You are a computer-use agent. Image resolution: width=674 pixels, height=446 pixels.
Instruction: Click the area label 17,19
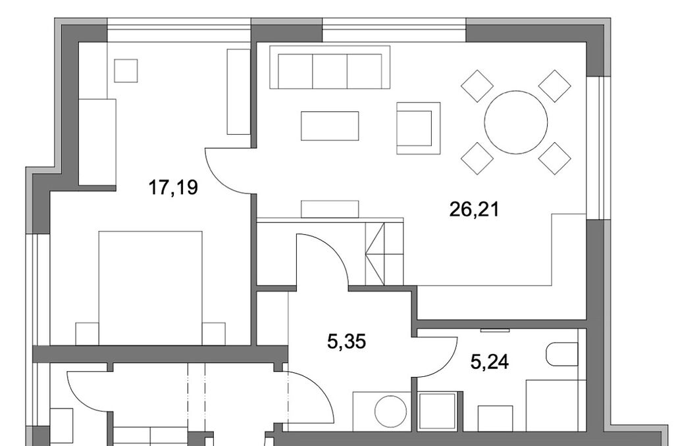coord(173,187)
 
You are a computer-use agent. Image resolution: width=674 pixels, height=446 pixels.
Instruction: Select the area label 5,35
coord(346,342)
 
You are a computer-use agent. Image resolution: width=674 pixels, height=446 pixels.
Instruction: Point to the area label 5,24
coord(490,362)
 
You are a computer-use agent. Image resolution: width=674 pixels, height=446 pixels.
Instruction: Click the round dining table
coord(516,122)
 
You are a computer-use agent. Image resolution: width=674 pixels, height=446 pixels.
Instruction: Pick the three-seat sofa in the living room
coord(330,67)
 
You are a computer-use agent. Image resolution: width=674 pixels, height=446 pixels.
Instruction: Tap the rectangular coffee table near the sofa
coord(330,126)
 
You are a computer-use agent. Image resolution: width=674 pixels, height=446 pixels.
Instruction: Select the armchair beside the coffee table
coord(418,128)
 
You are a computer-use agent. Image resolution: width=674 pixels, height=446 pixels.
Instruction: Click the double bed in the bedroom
coord(151,288)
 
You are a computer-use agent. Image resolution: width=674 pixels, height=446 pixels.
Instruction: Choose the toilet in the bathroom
coord(562,355)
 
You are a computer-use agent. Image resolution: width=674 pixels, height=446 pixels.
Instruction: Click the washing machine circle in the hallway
coord(391,412)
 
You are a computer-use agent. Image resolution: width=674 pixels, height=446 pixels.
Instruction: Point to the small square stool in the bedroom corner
coord(126,70)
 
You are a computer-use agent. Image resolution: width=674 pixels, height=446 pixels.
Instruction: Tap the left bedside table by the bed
coord(88,334)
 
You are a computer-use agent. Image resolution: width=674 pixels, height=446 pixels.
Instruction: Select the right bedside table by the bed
coord(214,334)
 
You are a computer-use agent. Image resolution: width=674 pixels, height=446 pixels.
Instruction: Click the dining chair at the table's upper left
coord(477,86)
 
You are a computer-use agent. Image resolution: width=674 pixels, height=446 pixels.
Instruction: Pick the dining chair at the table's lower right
coord(554,159)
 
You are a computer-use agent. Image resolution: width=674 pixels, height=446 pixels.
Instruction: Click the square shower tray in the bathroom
coord(437,411)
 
